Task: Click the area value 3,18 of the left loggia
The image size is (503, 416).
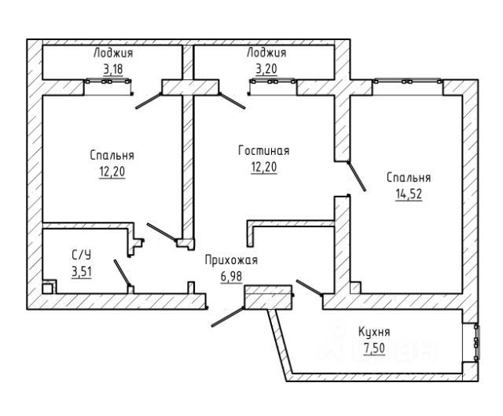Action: point(113,68)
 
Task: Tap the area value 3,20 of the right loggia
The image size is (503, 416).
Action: point(266,68)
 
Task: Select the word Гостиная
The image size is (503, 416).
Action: point(264,150)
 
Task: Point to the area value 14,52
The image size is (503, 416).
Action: point(409,194)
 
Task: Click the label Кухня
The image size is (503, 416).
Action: point(374,332)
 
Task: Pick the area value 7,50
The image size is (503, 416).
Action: point(374,348)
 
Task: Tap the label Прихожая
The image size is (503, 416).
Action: point(231,260)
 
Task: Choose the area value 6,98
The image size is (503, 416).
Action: point(231,276)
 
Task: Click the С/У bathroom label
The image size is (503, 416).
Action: point(82,256)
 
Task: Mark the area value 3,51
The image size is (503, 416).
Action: point(82,272)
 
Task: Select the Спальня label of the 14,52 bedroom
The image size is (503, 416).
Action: point(409,178)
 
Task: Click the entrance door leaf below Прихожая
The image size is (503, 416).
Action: point(227,317)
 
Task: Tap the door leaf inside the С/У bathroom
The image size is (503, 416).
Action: point(122,273)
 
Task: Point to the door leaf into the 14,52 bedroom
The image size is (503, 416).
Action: point(357,176)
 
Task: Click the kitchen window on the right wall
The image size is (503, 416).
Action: point(477,342)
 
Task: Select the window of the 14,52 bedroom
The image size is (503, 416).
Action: point(407,82)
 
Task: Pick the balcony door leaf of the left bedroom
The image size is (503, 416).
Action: point(149,101)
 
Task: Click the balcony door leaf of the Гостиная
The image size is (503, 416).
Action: point(233,101)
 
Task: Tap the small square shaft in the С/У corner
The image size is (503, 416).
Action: point(47,288)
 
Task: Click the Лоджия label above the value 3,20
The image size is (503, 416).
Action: point(266,53)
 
